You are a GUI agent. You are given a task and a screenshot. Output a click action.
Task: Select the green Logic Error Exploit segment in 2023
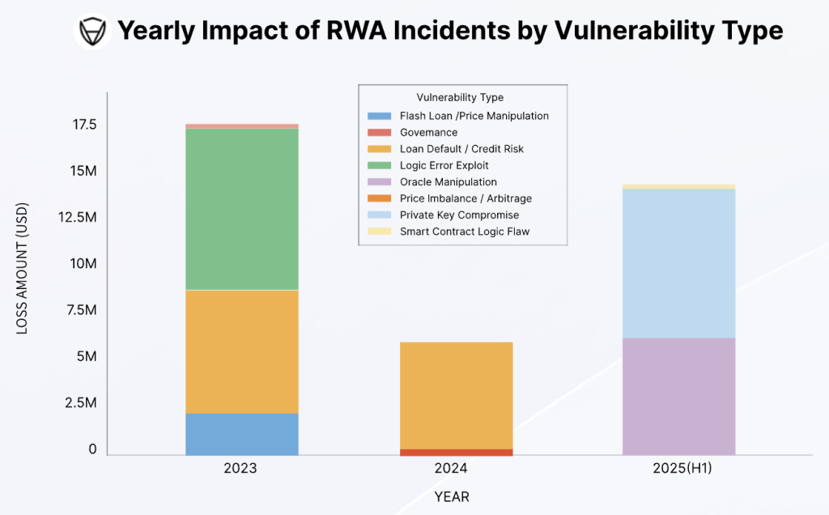(242, 209)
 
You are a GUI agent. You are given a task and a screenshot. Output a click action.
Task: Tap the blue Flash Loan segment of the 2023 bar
(242, 434)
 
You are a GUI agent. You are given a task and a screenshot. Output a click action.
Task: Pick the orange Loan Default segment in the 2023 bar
(242, 351)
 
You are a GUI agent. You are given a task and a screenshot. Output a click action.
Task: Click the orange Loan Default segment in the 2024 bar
(456, 395)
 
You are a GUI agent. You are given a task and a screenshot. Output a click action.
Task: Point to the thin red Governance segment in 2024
(456, 452)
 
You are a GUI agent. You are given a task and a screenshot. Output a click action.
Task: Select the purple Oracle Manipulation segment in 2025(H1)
(678, 396)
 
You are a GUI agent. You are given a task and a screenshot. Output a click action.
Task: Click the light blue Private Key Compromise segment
(678, 263)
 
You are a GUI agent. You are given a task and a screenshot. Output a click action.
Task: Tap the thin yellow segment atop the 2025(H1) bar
(678, 187)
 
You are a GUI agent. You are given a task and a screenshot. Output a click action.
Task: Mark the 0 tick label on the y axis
(92, 449)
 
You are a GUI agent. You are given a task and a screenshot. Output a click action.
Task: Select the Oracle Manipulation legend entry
(448, 182)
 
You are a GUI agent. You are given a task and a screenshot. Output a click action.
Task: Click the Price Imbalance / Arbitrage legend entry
(466, 198)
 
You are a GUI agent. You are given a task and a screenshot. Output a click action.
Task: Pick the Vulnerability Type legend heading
(460, 98)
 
